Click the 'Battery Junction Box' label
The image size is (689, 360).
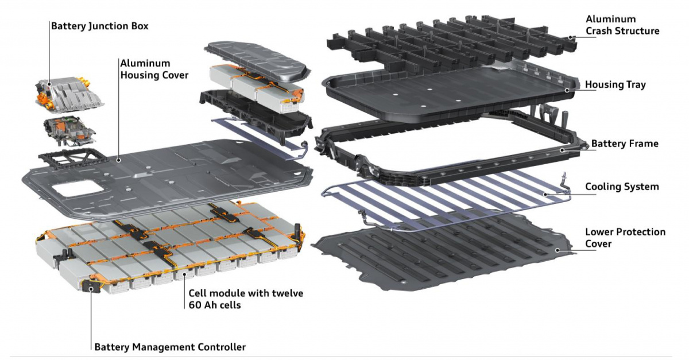click(99, 26)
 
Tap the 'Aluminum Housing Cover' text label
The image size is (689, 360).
click(153, 68)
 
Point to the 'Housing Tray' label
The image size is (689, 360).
click(615, 85)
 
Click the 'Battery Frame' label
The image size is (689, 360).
click(625, 144)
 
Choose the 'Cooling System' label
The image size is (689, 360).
click(622, 187)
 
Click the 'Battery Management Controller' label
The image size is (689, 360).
click(169, 347)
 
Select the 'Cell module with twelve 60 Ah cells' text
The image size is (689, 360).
click(246, 299)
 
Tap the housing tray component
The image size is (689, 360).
click(448, 95)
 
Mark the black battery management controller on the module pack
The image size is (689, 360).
click(91, 285)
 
